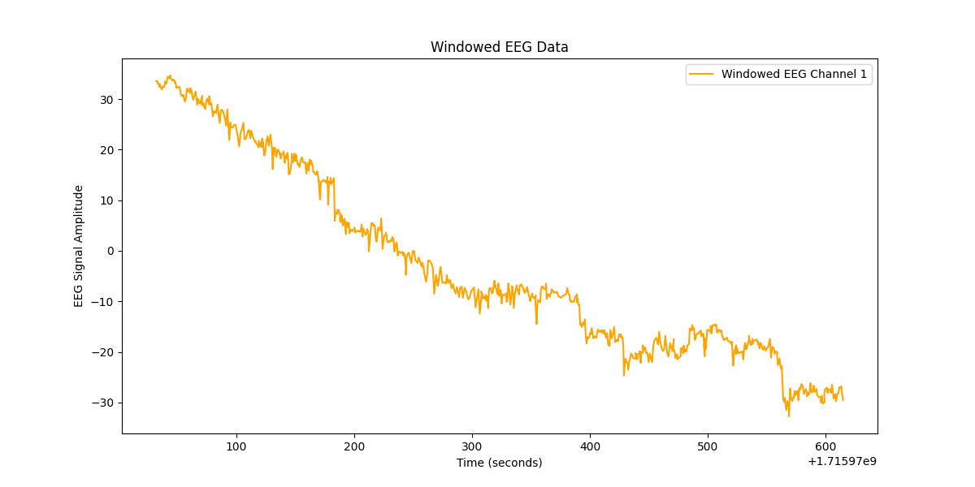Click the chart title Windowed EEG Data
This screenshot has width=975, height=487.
tap(499, 47)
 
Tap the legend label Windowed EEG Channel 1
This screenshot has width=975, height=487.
tap(794, 75)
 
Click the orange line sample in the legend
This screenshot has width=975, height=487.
tap(701, 75)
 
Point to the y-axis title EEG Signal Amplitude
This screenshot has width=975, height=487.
tap(79, 246)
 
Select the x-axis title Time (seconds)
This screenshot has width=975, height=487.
tap(499, 463)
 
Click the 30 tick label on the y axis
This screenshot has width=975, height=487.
tap(106, 100)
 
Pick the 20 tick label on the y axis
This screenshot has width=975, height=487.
tap(106, 150)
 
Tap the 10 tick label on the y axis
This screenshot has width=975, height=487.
tap(106, 200)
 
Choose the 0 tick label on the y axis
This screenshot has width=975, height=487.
tap(110, 251)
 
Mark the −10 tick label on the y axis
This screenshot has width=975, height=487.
tap(103, 302)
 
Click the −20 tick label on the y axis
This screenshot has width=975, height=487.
tap(103, 352)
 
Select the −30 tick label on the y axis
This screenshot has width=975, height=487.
tap(103, 403)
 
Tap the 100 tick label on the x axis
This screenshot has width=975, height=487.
tap(236, 446)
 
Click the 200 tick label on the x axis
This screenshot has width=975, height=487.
tap(354, 446)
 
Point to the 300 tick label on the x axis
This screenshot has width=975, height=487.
tap(472, 446)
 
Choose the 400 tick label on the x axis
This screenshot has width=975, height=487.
tap(590, 446)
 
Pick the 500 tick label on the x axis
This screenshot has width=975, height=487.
tap(708, 446)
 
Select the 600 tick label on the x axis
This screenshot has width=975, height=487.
tap(825, 446)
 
